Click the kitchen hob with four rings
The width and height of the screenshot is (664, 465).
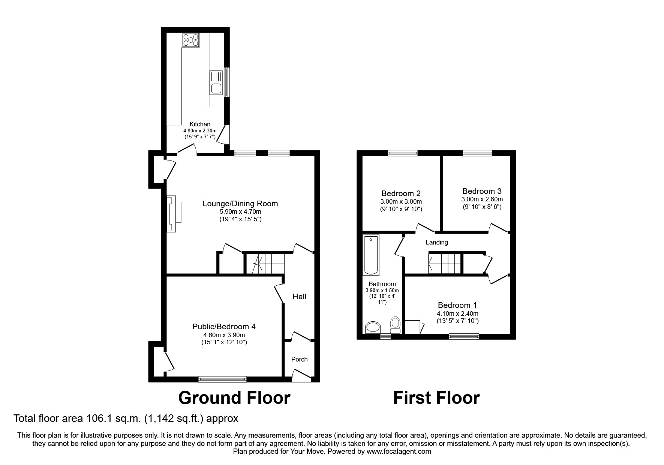(190, 40)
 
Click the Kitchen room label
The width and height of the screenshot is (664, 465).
(200, 124)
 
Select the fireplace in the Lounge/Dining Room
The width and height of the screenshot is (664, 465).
(173, 214)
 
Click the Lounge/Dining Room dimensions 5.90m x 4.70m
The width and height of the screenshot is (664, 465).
(240, 212)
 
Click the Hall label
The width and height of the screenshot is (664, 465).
(299, 297)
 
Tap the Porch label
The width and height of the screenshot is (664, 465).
(299, 359)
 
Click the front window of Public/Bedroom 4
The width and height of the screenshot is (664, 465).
(222, 379)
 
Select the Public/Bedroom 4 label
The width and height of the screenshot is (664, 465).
(224, 327)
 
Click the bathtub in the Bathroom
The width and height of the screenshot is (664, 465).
(371, 255)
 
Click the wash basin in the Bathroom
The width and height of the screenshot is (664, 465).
(373, 327)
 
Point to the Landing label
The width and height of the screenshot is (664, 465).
(436, 242)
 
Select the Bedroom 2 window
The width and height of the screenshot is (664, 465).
(402, 153)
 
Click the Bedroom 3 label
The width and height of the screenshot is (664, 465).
(482, 191)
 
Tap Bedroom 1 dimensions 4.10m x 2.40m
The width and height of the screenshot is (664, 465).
(457, 313)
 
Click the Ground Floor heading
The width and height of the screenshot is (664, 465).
(234, 398)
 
